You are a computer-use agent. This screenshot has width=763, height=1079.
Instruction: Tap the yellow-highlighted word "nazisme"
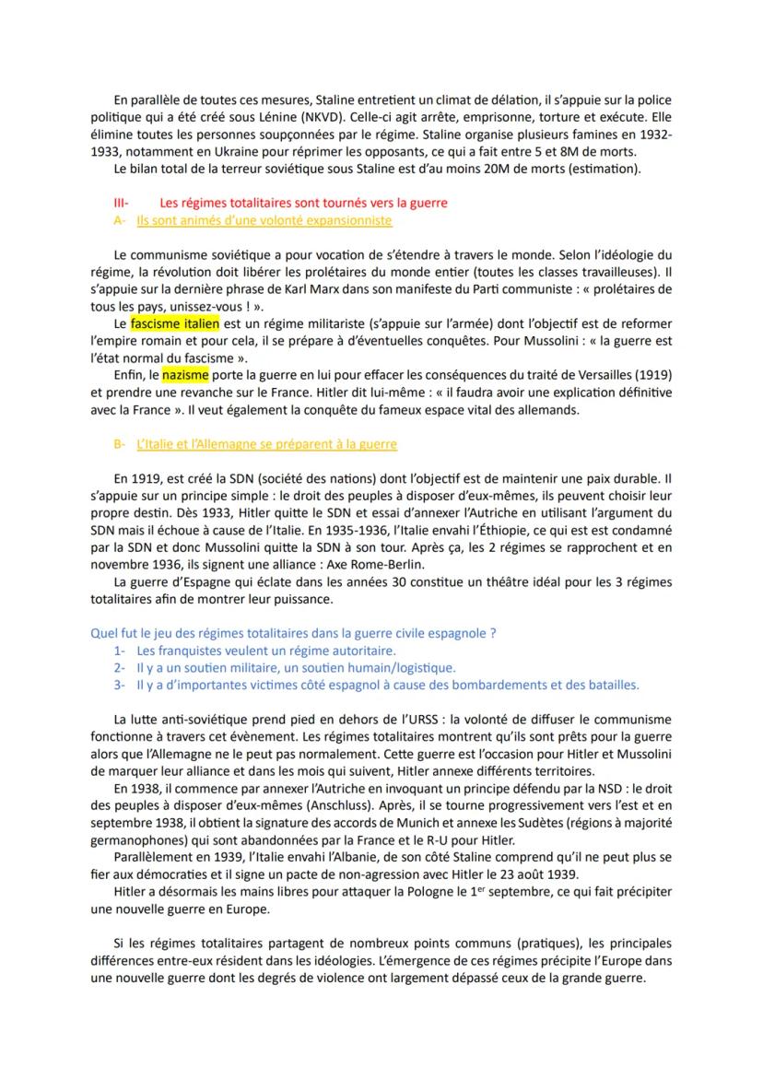(x=186, y=375)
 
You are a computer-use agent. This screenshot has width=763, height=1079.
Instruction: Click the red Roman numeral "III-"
(x=121, y=203)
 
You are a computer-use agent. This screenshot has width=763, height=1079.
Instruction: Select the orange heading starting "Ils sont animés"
(x=264, y=220)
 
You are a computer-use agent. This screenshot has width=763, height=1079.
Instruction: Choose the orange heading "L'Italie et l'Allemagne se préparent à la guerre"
(x=266, y=444)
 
